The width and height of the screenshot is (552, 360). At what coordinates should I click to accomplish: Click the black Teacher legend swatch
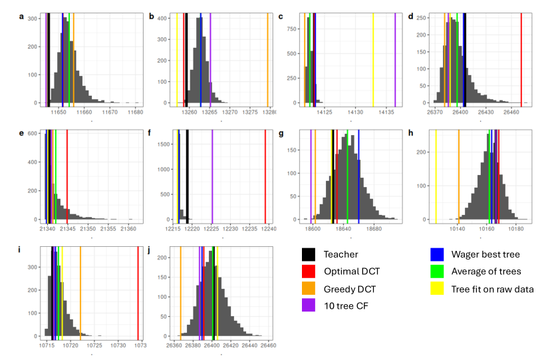click(309, 254)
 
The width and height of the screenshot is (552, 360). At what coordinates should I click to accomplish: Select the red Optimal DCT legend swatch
click(309, 271)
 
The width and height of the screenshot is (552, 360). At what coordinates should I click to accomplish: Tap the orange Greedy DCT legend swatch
click(309, 288)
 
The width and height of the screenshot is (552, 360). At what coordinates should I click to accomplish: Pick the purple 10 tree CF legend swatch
click(309, 305)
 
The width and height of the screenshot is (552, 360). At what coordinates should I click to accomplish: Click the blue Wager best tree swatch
click(438, 254)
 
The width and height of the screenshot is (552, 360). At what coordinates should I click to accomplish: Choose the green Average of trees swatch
click(438, 271)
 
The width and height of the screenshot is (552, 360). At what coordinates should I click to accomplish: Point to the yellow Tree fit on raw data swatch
click(438, 288)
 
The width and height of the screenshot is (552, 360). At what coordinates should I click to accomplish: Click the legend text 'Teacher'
click(341, 254)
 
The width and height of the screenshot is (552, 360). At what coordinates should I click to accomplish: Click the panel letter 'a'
click(21, 17)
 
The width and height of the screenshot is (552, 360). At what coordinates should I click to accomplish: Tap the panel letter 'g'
click(281, 133)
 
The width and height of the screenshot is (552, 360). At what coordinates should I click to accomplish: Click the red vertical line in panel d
click(521, 60)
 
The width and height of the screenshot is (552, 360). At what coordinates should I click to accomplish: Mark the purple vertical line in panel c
click(395, 60)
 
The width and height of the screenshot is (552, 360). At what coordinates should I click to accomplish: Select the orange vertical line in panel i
click(80, 293)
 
